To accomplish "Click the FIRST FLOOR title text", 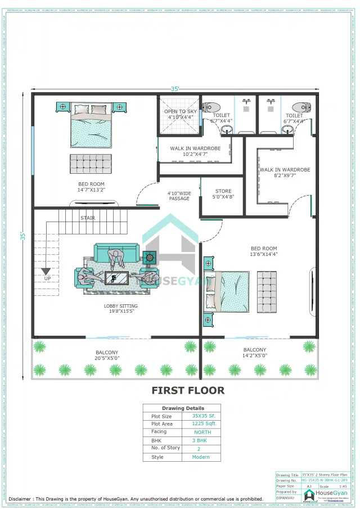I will click(188, 390).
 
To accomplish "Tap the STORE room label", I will click(223, 191).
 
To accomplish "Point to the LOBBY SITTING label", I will click(120, 307).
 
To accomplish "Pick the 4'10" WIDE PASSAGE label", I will click(179, 195).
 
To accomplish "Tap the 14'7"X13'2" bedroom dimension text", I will click(91, 190).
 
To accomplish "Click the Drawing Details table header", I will click(183, 408).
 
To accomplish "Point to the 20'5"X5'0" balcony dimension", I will click(107, 358).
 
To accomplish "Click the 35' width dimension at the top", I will click(175, 89).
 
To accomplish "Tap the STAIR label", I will click(87, 218).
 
